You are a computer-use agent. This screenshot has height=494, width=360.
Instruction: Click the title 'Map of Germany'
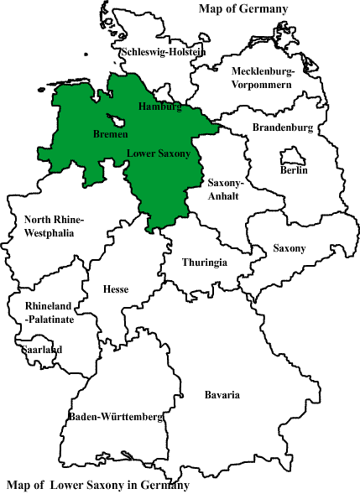[243, 9]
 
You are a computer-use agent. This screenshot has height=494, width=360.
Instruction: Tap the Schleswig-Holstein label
[164, 52]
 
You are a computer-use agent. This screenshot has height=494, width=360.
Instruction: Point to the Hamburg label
[159, 107]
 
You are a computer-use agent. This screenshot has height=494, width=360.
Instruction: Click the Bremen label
[111, 134]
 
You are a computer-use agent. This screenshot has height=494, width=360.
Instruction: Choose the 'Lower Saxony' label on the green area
[159, 154]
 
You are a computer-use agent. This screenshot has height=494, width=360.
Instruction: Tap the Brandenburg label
[283, 128]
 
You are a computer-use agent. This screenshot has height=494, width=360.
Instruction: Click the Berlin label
[294, 170]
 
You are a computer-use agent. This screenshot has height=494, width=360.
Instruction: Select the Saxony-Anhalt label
[225, 190]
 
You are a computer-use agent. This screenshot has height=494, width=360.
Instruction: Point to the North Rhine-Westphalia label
[55, 226]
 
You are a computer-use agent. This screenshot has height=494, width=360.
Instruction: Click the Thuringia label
[205, 263]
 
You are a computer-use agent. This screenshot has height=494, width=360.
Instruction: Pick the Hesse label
[116, 289]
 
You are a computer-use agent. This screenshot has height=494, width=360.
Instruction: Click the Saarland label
[43, 350]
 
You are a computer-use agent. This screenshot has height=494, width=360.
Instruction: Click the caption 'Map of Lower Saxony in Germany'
[98, 486]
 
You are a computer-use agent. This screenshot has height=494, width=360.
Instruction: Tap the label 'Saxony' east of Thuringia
[290, 248]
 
